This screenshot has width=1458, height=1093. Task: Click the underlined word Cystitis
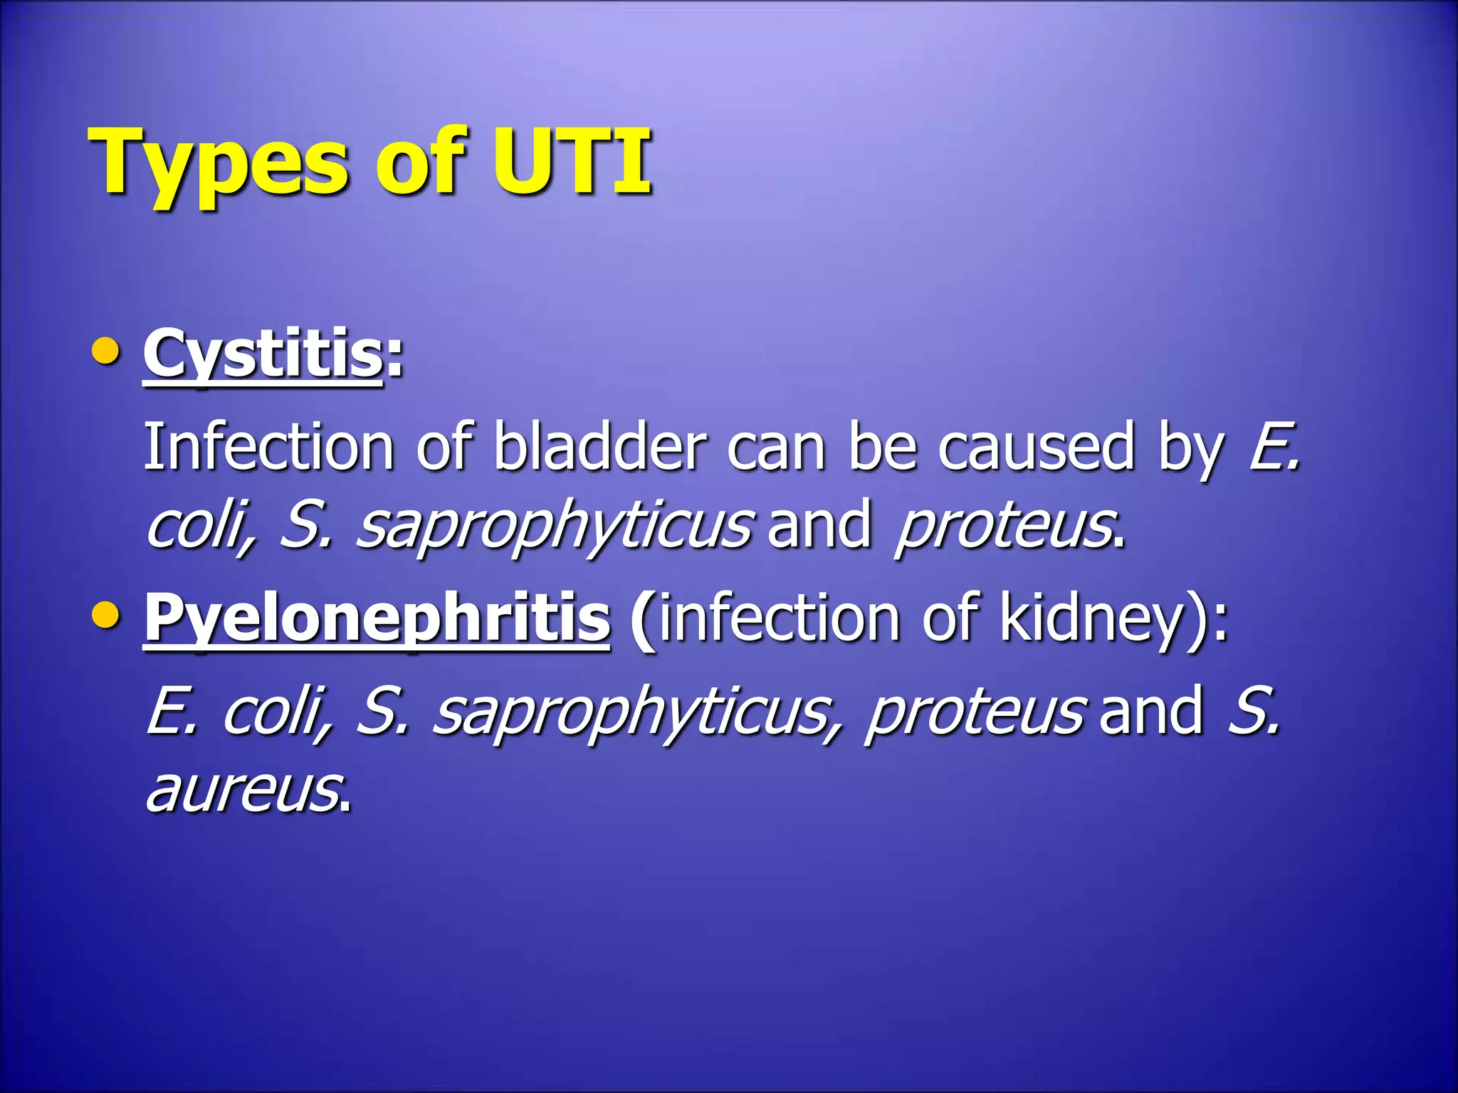(263, 354)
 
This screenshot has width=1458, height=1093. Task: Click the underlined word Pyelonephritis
(377, 618)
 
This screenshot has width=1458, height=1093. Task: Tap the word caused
(1036, 447)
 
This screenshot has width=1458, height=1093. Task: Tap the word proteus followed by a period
(1004, 527)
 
